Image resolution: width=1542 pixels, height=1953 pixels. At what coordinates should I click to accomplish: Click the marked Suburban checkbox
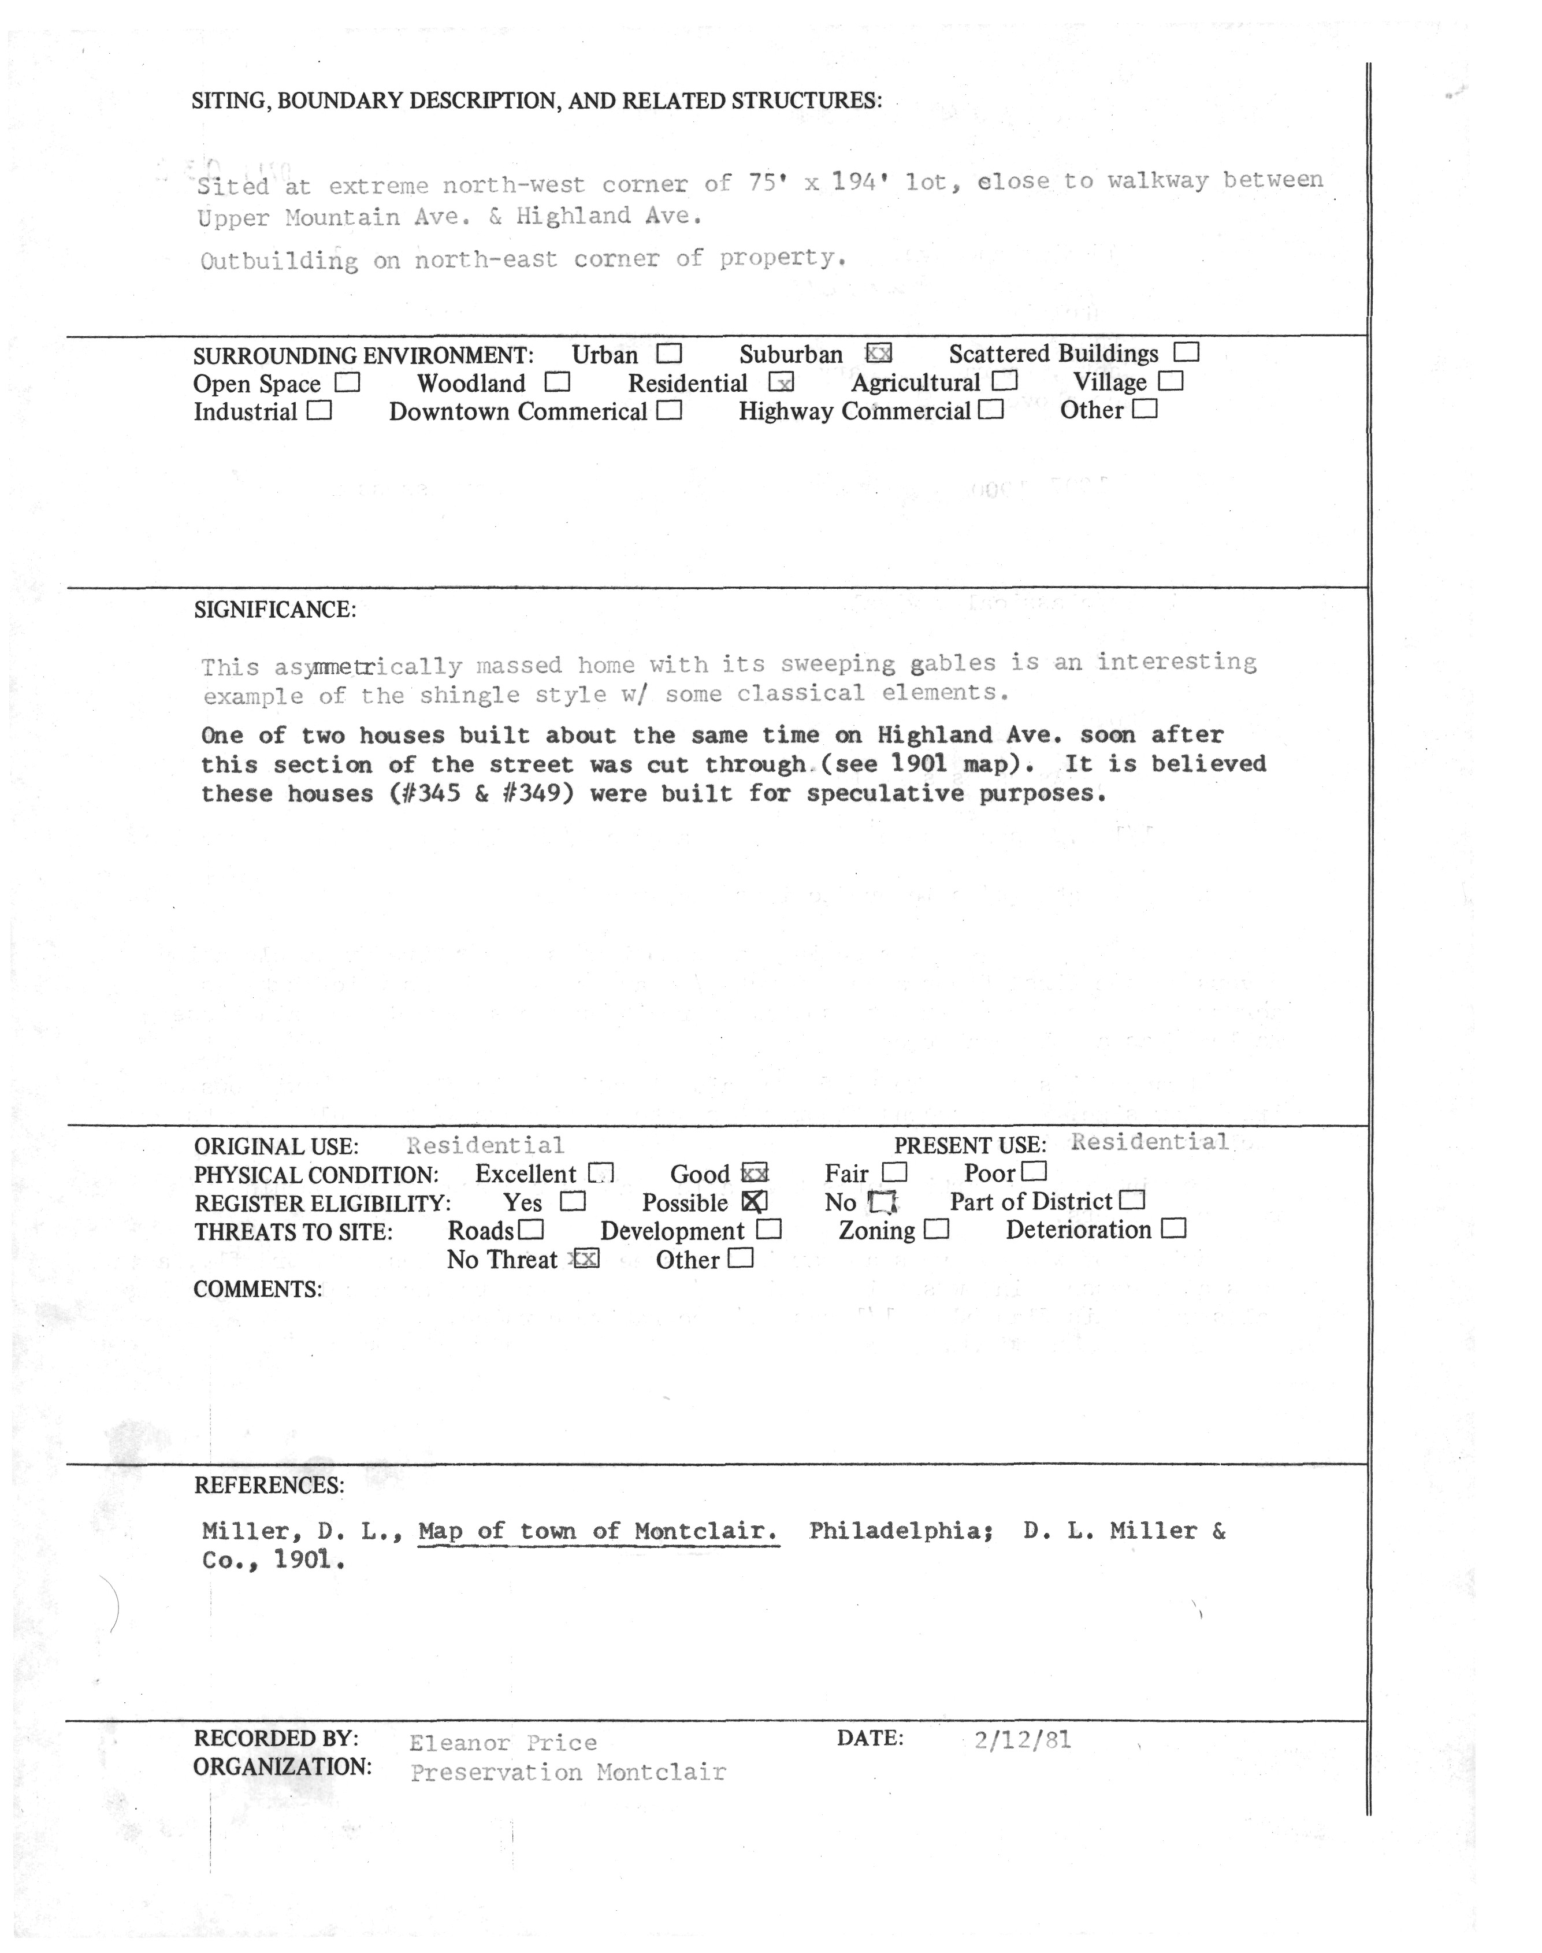tap(878, 353)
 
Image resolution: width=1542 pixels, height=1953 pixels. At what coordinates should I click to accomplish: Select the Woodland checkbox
tap(557, 383)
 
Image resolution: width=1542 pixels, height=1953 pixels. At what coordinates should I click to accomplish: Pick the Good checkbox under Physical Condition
tap(754, 1174)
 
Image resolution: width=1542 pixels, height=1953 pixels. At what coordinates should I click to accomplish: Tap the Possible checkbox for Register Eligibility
tap(754, 1202)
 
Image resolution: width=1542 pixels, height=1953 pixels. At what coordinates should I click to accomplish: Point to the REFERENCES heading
tap(268, 1486)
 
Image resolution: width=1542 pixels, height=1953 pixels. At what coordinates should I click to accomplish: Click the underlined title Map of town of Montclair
tap(597, 1531)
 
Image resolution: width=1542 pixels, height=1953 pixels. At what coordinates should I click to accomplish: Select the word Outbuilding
tap(279, 261)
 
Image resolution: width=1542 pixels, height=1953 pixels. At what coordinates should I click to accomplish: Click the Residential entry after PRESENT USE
tap(1149, 1142)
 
